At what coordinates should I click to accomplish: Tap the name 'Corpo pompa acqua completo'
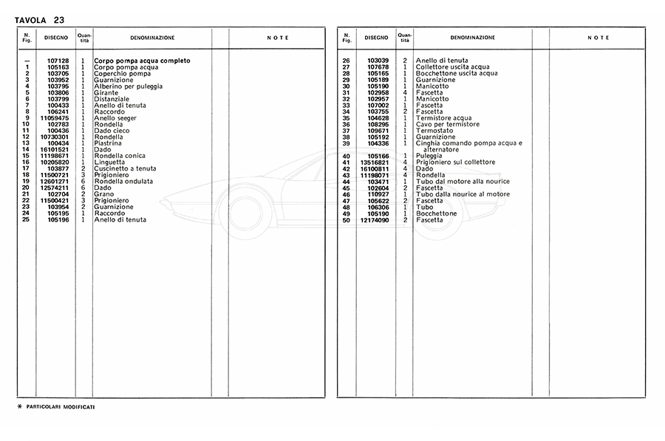pos(142,61)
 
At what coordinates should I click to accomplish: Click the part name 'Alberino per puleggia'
pos(129,86)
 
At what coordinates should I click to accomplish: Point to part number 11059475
pos(55,118)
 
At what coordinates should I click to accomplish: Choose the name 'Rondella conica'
pos(120,156)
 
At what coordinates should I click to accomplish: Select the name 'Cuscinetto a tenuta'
pos(126,168)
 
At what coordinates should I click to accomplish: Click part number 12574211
pos(55,188)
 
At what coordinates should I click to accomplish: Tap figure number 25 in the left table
pos(27,219)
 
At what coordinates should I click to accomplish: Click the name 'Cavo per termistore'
pos(448,124)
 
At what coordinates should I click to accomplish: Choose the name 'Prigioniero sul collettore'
pos(455,163)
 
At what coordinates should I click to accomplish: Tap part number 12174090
pos(375,219)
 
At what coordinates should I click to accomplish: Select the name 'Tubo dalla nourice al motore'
pos(463,194)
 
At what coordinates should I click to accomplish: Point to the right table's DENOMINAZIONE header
pos(473,37)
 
